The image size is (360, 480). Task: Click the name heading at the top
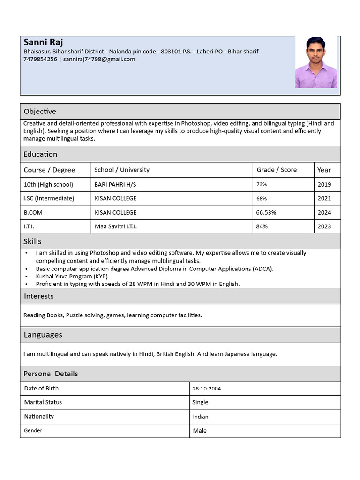pos(44,43)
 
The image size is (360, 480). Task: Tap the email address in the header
pos(99,59)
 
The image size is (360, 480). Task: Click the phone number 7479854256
pos(40,59)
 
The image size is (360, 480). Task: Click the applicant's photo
pos(315,62)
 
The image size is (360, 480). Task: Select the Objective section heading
pos(40,111)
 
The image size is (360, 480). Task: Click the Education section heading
pos(40,154)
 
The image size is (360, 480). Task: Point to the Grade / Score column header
pos(276,170)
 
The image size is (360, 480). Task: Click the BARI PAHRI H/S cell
pos(115,185)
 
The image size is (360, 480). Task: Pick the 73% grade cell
pos(262,185)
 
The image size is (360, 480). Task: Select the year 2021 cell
pos(324,198)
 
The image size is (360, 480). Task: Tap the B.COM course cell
pos(33,212)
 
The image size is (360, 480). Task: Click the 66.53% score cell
pos(266,212)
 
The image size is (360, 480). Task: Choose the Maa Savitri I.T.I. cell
pos(115,226)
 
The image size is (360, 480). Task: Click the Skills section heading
pos(32,241)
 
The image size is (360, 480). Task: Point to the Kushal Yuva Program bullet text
pos(73,276)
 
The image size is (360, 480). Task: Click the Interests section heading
pos(38,296)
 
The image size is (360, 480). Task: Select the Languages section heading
pos(43,335)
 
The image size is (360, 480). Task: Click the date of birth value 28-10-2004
pos(207,389)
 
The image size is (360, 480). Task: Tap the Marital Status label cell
pos(43,402)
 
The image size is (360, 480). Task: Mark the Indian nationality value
pos(201,417)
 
